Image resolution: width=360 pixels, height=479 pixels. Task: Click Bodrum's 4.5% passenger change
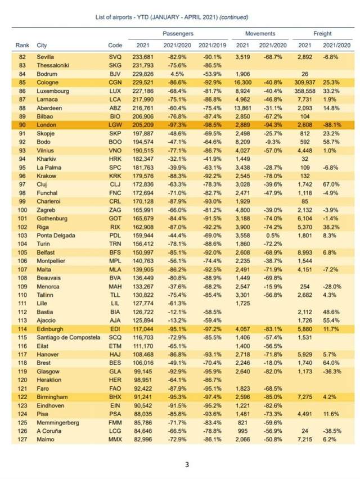click(x=177, y=74)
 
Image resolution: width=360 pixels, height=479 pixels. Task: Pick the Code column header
click(x=114, y=45)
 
